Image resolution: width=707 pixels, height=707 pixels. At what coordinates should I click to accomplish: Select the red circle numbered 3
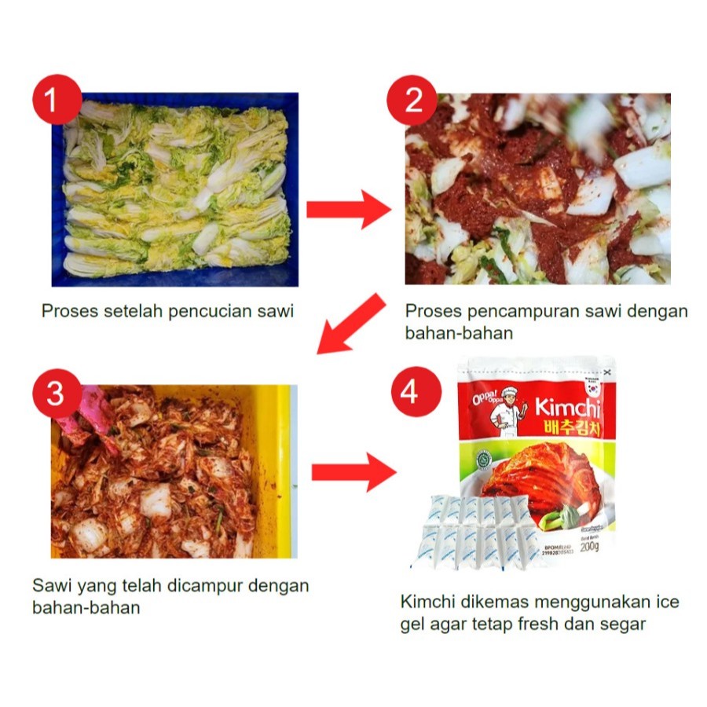(x=55, y=394)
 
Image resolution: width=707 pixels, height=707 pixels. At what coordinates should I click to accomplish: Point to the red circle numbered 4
(x=409, y=392)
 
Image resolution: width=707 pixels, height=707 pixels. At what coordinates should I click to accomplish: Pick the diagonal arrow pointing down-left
(x=350, y=324)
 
